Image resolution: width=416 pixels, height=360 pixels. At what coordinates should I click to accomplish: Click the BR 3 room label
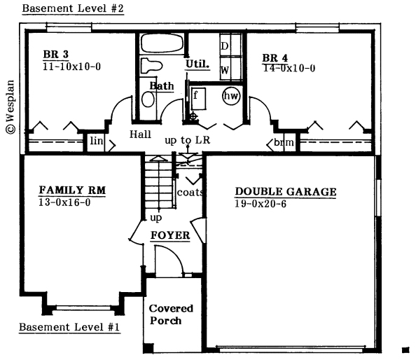point(55,55)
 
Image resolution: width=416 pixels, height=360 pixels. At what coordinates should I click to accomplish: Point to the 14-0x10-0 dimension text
point(289,69)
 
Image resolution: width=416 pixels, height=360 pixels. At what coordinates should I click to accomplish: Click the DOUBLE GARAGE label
point(285,192)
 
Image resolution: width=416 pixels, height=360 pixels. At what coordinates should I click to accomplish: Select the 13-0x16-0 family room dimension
point(64,202)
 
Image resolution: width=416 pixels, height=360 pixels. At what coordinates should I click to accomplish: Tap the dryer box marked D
point(226,46)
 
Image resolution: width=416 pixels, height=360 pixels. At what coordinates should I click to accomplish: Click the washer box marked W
point(226,69)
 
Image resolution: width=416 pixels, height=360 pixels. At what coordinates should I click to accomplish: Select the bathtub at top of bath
point(161,43)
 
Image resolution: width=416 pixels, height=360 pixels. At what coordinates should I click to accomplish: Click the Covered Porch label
point(170,314)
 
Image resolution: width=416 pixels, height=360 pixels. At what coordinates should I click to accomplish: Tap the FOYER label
point(170,235)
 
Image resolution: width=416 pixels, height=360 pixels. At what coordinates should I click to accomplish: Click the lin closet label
point(96,143)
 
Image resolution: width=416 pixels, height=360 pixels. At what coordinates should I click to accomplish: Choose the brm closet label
point(283,143)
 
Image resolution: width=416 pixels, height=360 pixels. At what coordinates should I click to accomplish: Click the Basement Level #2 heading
point(73,9)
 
